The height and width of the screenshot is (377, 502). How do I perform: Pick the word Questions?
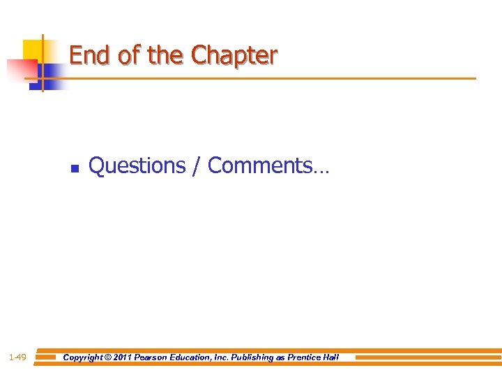pyautogui.click(x=137, y=166)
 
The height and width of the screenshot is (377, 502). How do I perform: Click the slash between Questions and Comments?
pyautogui.click(x=196, y=166)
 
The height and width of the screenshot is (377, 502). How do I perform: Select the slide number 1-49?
pyautogui.click(x=17, y=357)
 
